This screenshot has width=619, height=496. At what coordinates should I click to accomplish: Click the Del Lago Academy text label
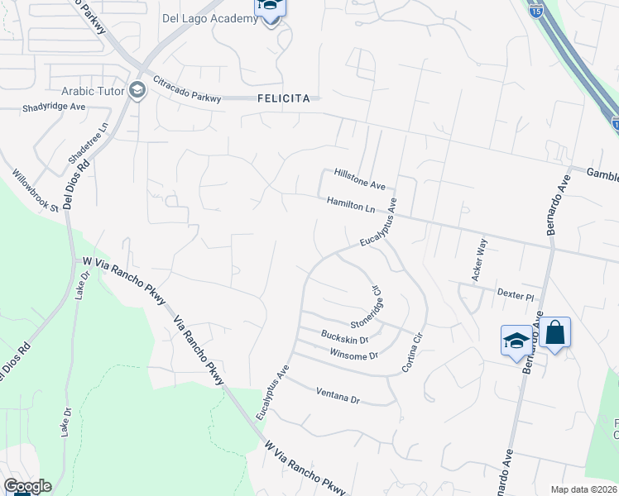click(210, 18)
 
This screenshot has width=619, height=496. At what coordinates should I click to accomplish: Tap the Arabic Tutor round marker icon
click(137, 91)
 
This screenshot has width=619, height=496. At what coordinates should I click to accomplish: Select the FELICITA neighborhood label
click(284, 98)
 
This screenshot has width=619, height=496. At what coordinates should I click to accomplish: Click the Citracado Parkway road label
click(188, 89)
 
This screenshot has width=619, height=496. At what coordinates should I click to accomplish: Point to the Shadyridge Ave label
click(55, 107)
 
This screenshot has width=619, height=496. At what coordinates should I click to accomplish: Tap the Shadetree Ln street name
click(89, 145)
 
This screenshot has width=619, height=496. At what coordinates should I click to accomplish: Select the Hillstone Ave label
click(360, 178)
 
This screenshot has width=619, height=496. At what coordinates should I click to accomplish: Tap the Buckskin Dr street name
click(344, 336)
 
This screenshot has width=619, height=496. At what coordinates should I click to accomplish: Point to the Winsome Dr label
click(353, 355)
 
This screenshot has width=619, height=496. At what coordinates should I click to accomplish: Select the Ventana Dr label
click(338, 396)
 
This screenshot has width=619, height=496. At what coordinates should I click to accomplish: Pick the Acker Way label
click(479, 260)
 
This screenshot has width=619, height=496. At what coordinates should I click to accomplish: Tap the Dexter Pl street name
click(517, 293)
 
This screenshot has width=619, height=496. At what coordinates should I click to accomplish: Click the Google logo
click(27, 486)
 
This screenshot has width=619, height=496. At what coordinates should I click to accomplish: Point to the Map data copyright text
click(583, 489)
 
